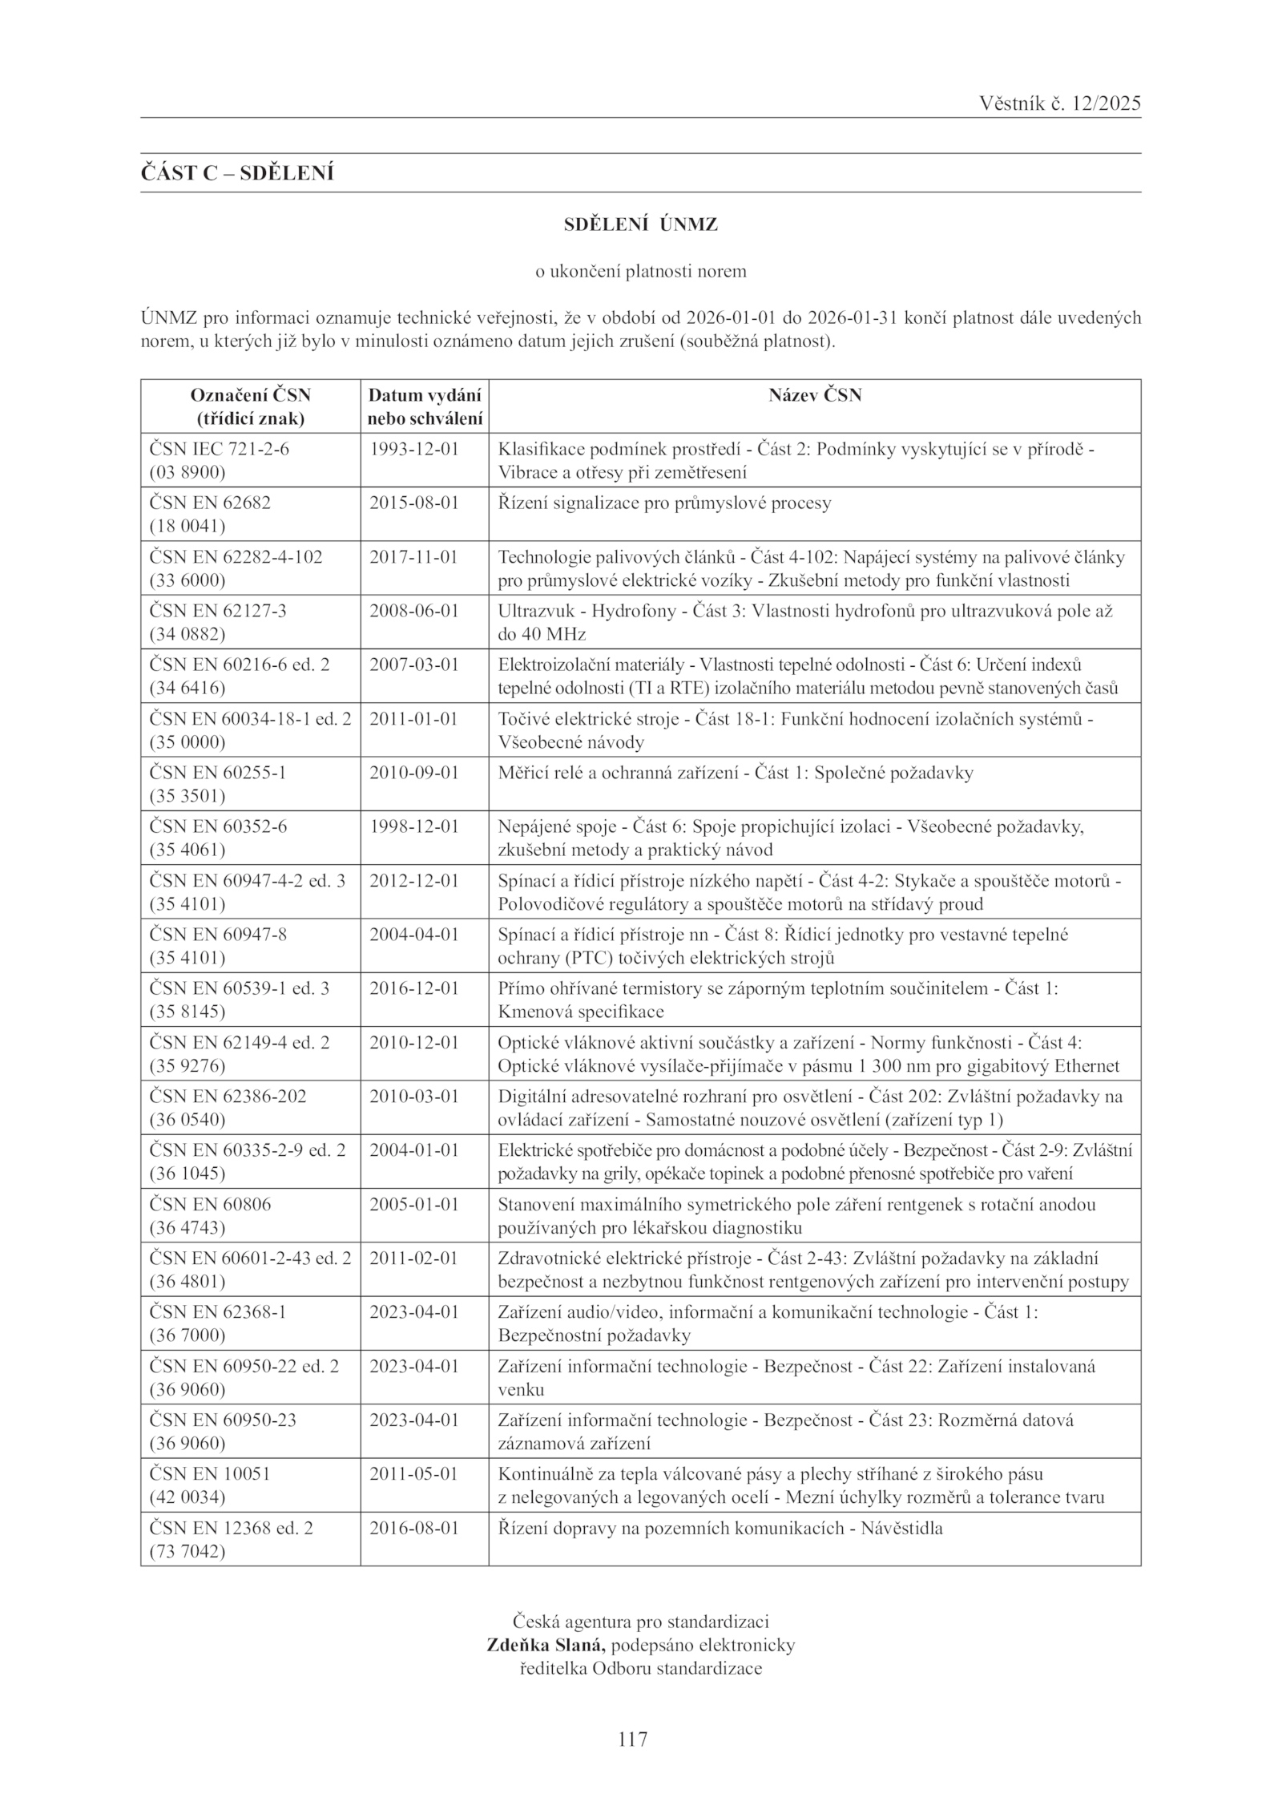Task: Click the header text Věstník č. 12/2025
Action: point(1059,103)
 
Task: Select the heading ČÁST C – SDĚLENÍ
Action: point(237,173)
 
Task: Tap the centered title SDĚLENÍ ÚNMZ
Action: point(640,225)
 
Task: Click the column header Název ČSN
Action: point(815,395)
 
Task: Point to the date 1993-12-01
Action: point(413,449)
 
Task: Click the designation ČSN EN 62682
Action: point(210,503)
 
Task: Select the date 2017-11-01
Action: point(413,557)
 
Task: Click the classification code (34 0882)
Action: point(187,634)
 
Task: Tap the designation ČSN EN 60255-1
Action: point(217,773)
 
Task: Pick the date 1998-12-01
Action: point(413,826)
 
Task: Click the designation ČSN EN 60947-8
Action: point(217,935)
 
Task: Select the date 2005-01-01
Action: point(413,1204)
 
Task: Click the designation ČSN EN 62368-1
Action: point(217,1312)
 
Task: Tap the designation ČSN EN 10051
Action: point(210,1474)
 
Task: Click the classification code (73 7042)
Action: point(187,1551)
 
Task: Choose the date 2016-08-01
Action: point(413,1528)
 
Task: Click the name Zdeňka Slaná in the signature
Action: point(546,1646)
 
